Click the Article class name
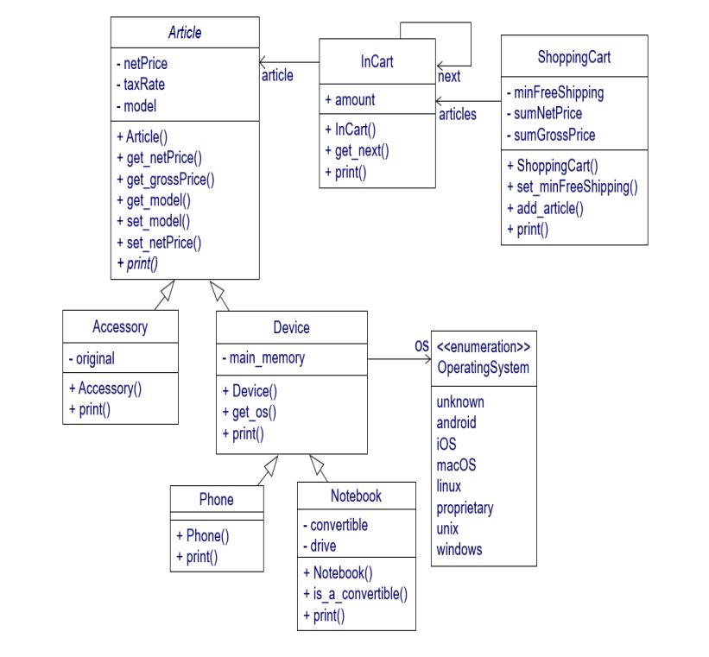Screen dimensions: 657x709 tap(185, 33)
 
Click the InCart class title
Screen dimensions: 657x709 tap(377, 62)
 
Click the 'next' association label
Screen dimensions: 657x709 tap(449, 77)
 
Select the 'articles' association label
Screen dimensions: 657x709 tap(458, 114)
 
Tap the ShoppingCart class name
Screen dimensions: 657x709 tap(574, 58)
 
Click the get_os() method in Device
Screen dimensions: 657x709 tap(249, 412)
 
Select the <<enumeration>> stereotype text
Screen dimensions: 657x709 tap(484, 347)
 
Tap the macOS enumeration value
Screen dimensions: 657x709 tap(456, 465)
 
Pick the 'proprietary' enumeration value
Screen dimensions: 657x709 tap(465, 508)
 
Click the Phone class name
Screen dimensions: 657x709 tap(216, 500)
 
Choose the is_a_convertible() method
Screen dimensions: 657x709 tap(355, 594)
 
